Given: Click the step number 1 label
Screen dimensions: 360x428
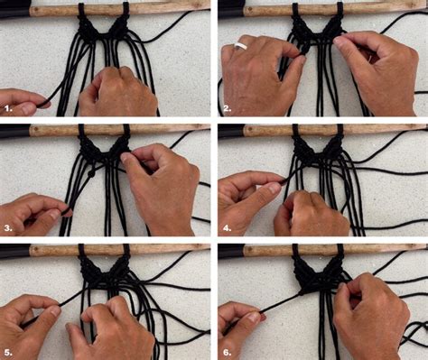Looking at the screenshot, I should tap(9, 108).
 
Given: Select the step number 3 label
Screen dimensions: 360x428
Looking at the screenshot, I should tap(9, 228).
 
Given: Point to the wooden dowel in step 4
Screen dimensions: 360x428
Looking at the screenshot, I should tap(361, 130).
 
